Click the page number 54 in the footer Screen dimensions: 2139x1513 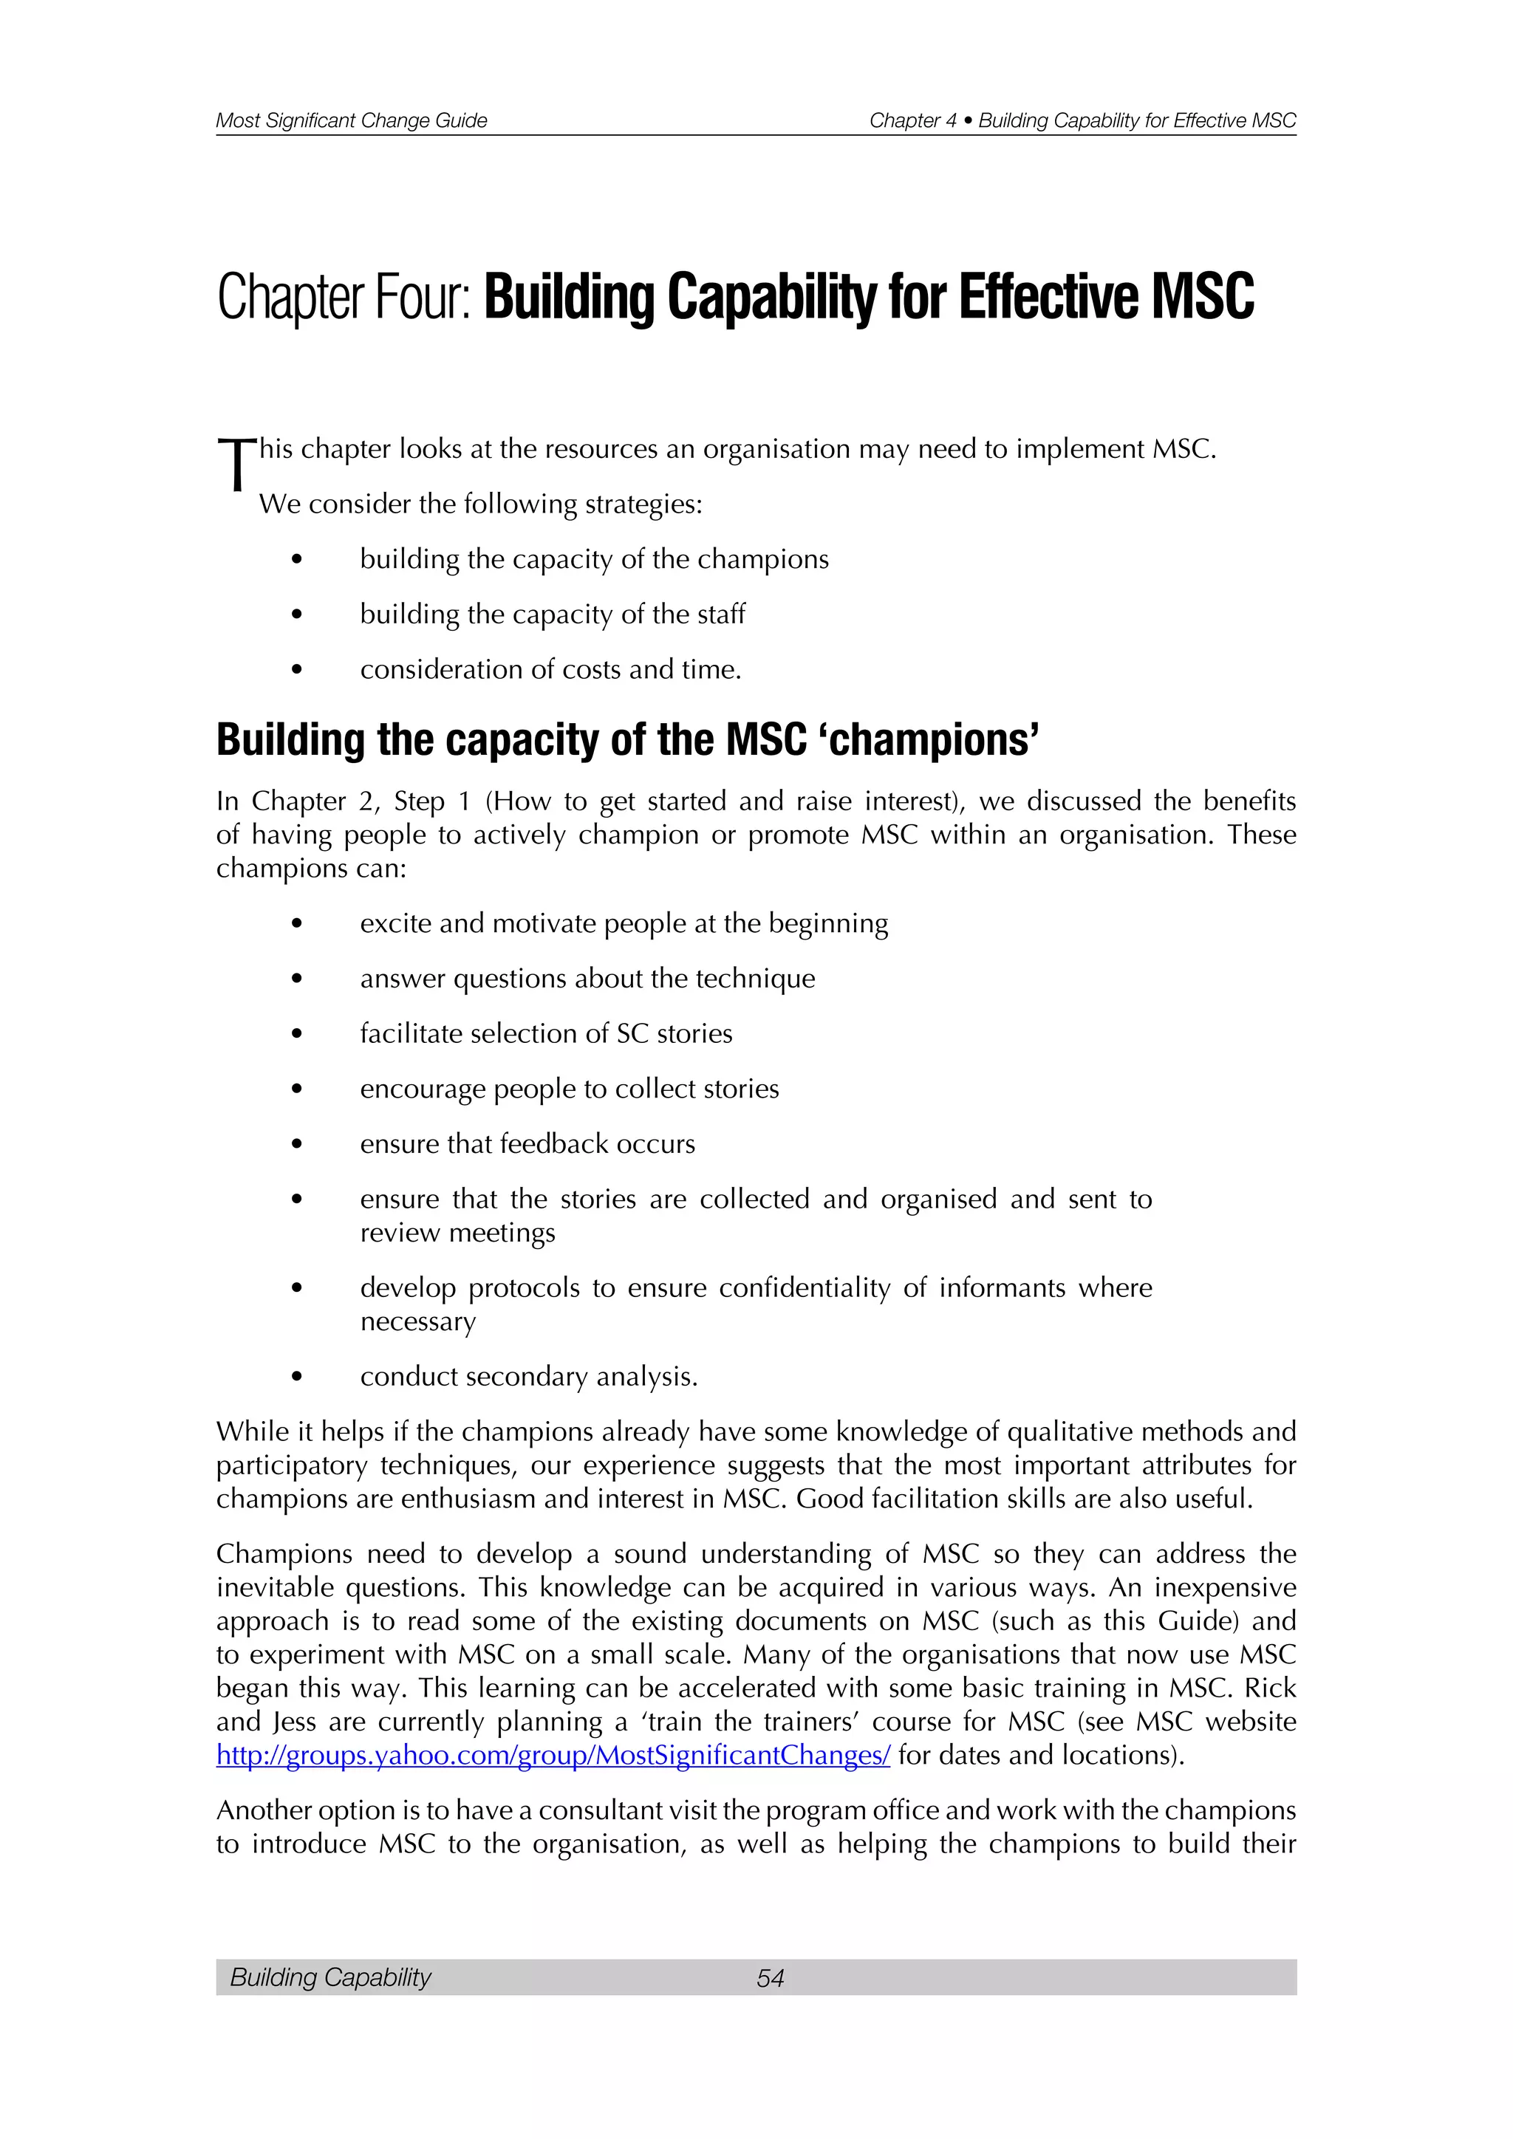coord(770,1977)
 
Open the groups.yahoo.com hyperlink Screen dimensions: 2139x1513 coord(553,1755)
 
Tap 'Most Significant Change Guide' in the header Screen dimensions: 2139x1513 coord(351,120)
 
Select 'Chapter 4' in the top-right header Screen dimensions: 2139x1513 coord(912,120)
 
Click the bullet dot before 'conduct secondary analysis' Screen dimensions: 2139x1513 coord(296,1377)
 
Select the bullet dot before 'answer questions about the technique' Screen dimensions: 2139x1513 coord(296,979)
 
